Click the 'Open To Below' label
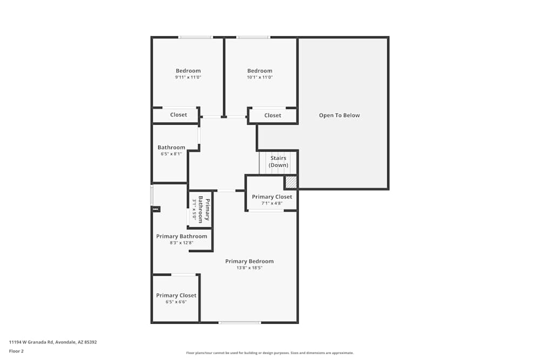click(x=339, y=116)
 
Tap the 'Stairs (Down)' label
click(x=279, y=161)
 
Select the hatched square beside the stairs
click(x=291, y=182)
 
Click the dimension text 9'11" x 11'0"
click(x=188, y=78)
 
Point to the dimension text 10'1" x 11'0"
click(x=260, y=78)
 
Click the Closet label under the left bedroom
click(x=178, y=115)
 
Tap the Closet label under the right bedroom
click(x=273, y=116)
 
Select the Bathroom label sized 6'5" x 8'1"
click(x=171, y=147)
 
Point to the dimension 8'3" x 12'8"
click(x=181, y=243)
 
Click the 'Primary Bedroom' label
click(x=249, y=261)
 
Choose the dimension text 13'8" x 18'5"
click(x=249, y=268)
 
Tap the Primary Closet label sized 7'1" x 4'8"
click(x=272, y=197)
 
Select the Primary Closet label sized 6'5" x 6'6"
click(x=176, y=295)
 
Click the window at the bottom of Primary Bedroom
click(x=240, y=323)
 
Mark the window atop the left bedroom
click(x=195, y=37)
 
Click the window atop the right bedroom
click(x=253, y=37)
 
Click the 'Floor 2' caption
click(x=17, y=351)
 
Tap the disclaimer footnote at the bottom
click(x=270, y=353)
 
